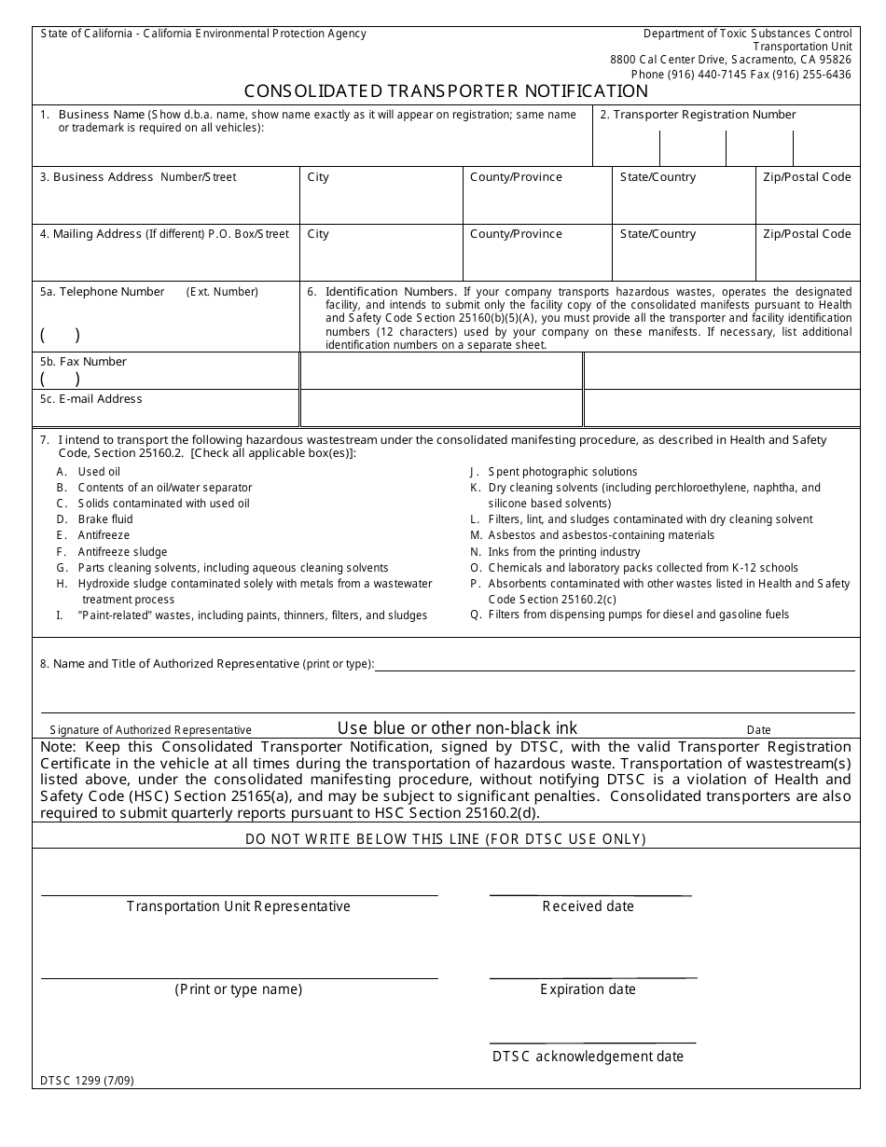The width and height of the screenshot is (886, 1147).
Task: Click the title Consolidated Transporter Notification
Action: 446,91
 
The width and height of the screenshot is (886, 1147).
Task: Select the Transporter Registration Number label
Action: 698,115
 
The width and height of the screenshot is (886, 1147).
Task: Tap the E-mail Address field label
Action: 91,399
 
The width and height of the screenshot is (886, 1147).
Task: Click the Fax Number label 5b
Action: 83,362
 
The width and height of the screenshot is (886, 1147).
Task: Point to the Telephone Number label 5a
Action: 103,292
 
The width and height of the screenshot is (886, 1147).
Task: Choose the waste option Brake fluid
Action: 104,519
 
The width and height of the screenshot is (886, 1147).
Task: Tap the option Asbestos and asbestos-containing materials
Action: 601,535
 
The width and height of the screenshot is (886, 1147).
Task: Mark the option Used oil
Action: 99,472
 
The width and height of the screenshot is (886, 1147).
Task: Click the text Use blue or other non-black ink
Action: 457,728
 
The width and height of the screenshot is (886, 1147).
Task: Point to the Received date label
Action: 588,906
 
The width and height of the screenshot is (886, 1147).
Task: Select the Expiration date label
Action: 588,989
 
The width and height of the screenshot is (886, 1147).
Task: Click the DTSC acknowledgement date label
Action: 588,1057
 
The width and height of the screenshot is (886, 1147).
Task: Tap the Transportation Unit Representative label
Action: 238,906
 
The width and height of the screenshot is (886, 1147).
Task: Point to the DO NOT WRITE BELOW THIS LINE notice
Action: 446,839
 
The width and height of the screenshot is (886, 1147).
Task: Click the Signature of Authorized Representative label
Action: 150,730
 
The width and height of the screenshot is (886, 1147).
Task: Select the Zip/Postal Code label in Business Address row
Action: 807,177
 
